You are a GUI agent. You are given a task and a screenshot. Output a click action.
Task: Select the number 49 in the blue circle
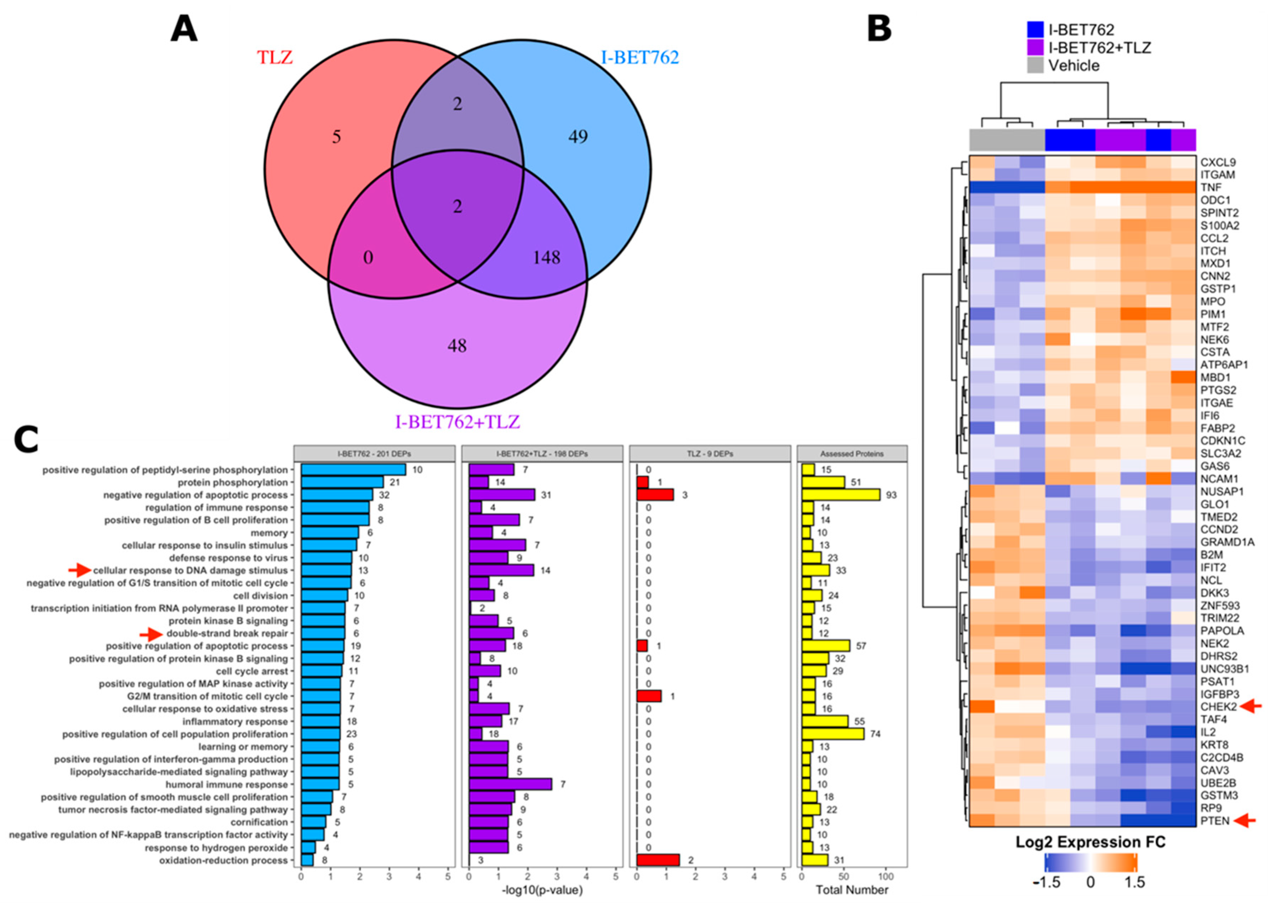tap(578, 136)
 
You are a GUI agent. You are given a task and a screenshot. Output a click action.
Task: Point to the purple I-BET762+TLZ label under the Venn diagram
tap(457, 422)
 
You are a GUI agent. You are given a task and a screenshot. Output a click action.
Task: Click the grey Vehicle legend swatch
tap(1035, 66)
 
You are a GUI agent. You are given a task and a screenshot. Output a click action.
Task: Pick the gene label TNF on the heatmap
tap(1210, 188)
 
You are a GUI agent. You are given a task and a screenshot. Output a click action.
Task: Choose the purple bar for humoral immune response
tap(510, 784)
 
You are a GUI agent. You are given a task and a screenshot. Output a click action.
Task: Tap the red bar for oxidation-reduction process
tap(658, 860)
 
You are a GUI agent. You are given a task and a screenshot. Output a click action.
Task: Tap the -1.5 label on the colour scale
tap(1046, 882)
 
